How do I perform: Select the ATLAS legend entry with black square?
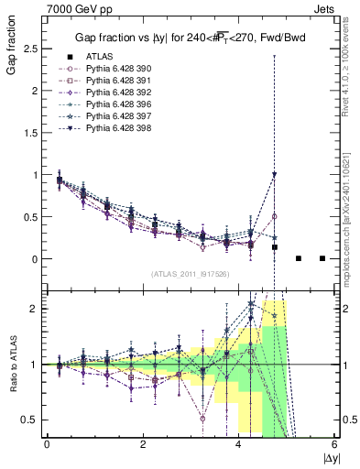[97, 58]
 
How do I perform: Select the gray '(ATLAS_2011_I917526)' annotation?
[191, 274]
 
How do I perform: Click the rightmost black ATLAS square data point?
[322, 258]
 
